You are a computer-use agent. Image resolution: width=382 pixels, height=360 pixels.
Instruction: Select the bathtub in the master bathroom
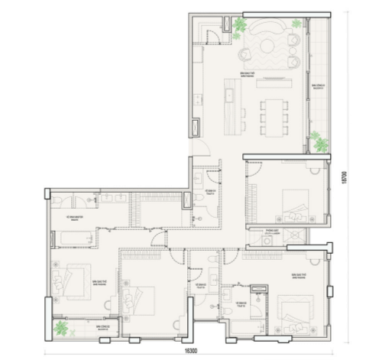[74, 240]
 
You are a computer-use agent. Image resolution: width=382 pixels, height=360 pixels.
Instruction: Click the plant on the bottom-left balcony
[61, 328]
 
